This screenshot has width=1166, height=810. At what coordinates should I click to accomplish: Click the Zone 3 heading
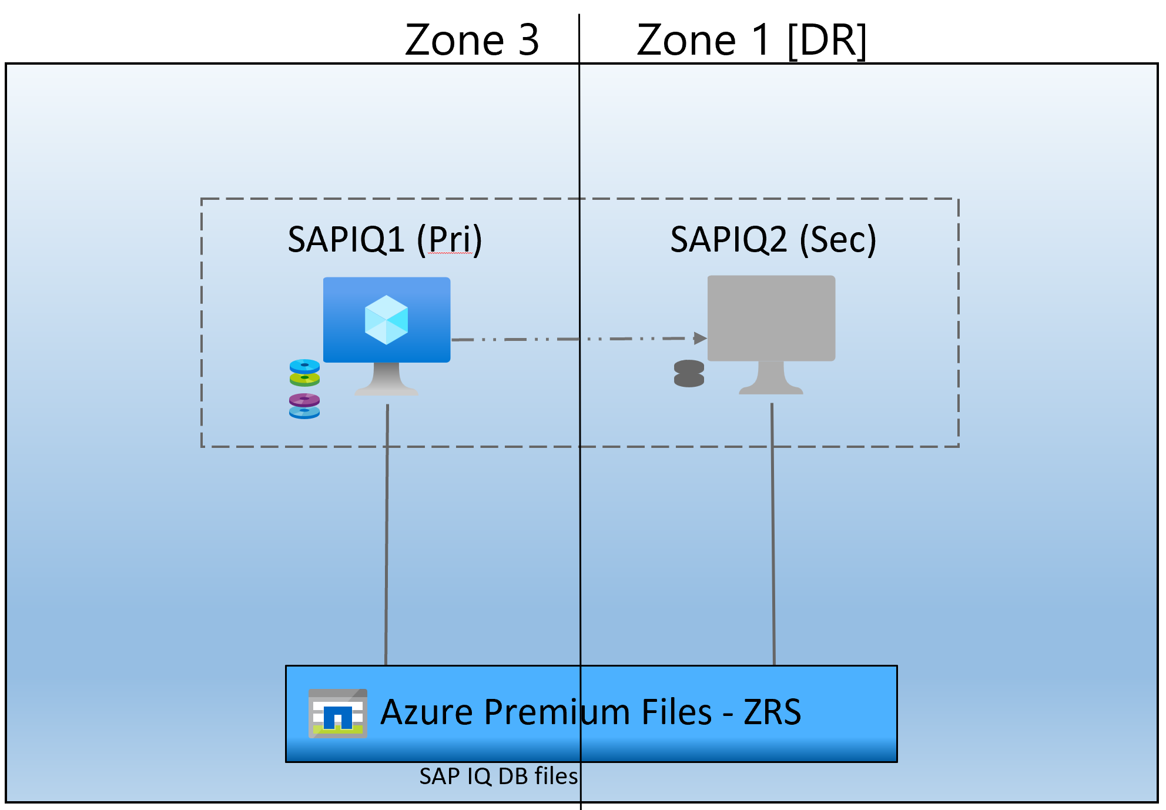(x=472, y=40)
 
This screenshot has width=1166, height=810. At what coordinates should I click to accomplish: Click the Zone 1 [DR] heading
(x=751, y=40)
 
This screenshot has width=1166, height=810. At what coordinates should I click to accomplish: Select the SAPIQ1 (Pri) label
(x=385, y=240)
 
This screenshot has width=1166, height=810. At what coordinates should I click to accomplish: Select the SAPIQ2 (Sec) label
(x=773, y=240)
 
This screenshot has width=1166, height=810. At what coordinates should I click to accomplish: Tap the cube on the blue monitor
(x=386, y=320)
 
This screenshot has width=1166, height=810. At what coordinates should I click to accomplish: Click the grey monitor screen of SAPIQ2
(x=771, y=317)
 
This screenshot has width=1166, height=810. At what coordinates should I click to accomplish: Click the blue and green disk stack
(x=304, y=373)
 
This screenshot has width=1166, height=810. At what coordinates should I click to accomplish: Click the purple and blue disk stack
(x=304, y=406)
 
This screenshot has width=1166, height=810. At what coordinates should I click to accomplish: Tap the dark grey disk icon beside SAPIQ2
(x=689, y=374)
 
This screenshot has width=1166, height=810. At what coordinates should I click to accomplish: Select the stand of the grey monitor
(x=771, y=379)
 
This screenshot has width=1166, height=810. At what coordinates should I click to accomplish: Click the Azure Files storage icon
(x=338, y=713)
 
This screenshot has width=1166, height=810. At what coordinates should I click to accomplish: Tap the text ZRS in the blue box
(x=772, y=712)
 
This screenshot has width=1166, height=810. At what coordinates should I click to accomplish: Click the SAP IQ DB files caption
(x=498, y=776)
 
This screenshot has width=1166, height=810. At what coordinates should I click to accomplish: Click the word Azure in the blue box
(x=427, y=712)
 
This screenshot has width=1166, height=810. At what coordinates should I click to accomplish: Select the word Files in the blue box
(x=676, y=712)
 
